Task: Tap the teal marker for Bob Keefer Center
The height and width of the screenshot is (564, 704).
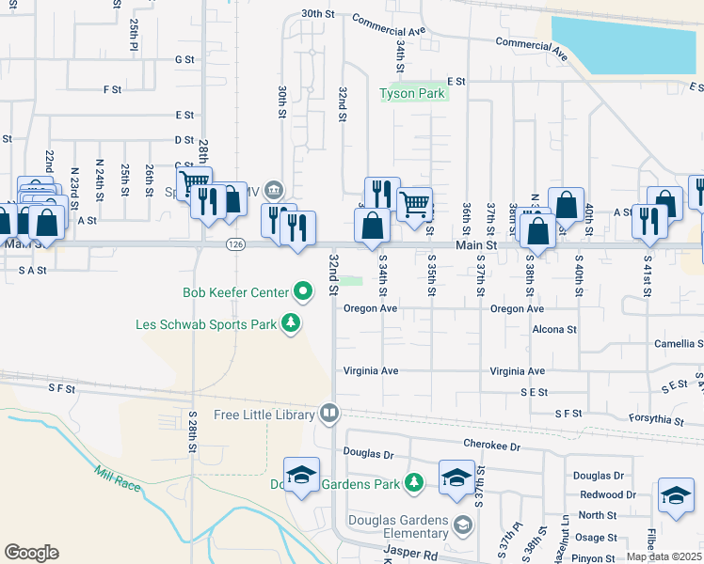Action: [302, 293]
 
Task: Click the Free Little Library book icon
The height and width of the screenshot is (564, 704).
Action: [328, 414]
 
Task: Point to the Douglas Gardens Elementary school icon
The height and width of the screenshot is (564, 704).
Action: [462, 524]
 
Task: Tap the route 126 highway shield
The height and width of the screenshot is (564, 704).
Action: [235, 244]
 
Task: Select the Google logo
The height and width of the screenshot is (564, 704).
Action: [31, 553]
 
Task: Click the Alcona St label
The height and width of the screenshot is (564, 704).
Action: [554, 329]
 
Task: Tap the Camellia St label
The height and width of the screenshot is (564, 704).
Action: [679, 344]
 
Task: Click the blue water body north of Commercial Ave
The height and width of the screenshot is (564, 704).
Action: [625, 42]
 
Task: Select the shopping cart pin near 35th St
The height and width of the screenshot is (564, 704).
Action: [414, 204]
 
